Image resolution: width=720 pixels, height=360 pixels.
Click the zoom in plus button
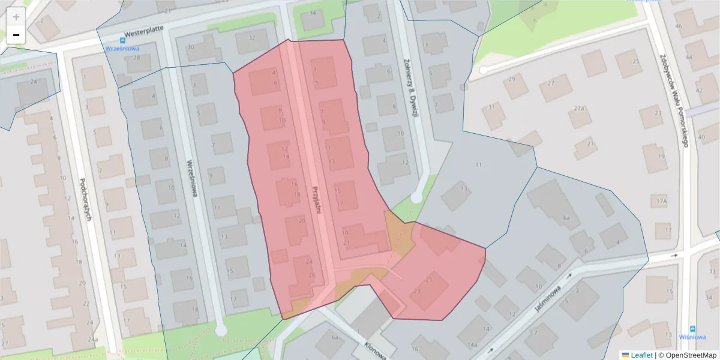[x=16, y=17]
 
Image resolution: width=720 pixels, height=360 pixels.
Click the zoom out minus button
[x=16, y=35]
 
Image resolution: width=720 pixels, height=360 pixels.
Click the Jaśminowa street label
[x=548, y=298]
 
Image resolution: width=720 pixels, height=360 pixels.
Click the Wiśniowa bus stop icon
[x=693, y=329]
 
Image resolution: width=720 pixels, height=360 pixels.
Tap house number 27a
[x=579, y=109]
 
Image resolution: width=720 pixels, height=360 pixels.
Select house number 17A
[x=662, y=201]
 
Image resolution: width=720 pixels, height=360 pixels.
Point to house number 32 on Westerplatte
[x=252, y=38]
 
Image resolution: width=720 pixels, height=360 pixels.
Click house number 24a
[x=92, y=340]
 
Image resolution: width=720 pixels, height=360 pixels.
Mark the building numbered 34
[x=313, y=13]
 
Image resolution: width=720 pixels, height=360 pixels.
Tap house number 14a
[x=473, y=345]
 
